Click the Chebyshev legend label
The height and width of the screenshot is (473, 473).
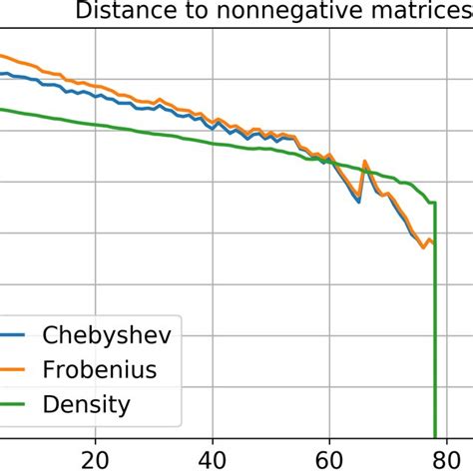pos(106,335)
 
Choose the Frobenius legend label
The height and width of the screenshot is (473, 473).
pos(100,370)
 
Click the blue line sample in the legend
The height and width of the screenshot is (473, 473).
pos(12,335)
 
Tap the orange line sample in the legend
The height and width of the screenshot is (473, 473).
pos(12,370)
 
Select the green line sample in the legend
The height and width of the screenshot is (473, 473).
pos(12,405)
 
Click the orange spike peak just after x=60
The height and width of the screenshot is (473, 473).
pos(365,160)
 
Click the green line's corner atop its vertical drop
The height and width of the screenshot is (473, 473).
pos(435,204)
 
